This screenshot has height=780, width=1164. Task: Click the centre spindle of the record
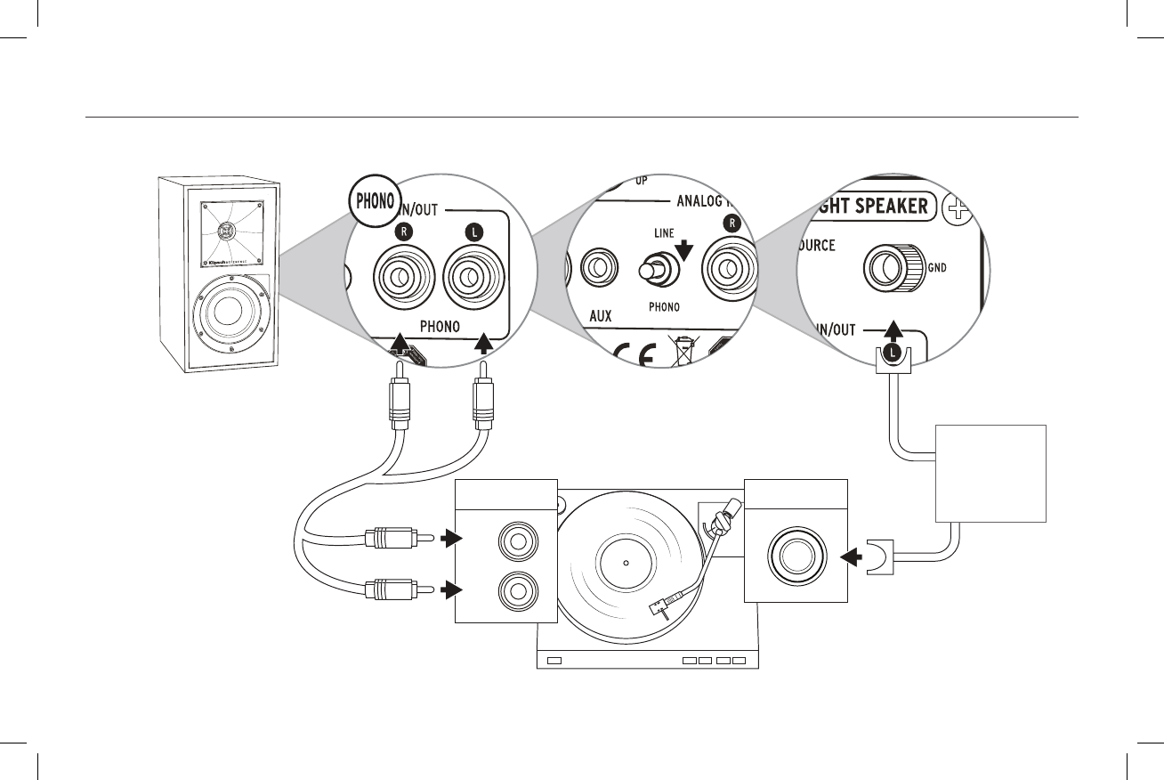(x=626, y=563)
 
